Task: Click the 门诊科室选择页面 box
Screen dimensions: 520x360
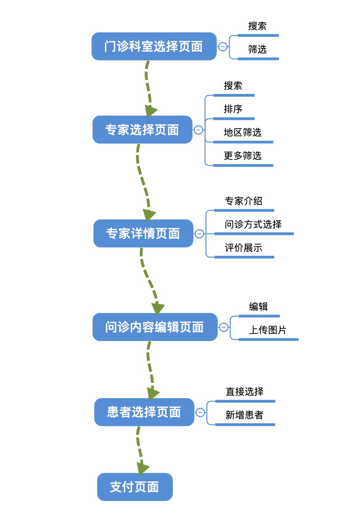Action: tap(154, 46)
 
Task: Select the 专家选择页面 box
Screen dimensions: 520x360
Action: tap(142, 130)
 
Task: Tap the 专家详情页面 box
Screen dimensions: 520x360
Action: tap(143, 233)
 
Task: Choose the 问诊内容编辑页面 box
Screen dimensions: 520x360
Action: tap(155, 327)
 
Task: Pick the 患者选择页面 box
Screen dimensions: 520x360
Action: tap(144, 412)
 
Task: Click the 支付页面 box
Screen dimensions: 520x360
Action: tap(135, 487)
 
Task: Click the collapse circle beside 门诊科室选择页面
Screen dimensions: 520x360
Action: tap(223, 47)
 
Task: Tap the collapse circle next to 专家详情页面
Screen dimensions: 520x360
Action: tap(199, 234)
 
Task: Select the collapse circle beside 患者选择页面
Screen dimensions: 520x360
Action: tap(200, 412)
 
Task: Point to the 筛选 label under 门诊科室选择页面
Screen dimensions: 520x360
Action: tap(258, 50)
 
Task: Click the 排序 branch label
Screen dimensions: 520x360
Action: tap(233, 109)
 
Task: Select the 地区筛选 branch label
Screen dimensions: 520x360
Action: tap(242, 133)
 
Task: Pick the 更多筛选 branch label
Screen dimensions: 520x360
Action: tap(242, 156)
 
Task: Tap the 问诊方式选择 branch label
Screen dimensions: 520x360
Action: tap(253, 225)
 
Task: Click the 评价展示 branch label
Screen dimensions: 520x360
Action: tap(244, 248)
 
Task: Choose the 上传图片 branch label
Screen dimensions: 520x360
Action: tap(268, 330)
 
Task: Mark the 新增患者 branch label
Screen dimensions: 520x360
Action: tap(244, 415)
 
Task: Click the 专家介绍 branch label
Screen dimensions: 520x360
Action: tap(244, 201)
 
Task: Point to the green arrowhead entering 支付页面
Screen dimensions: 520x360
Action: tap(142, 468)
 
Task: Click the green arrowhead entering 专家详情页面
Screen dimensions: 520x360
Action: tap(149, 215)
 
